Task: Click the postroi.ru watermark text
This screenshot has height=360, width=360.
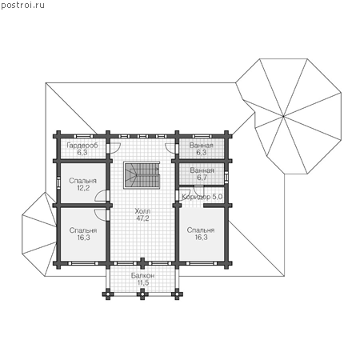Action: (x=22, y=6)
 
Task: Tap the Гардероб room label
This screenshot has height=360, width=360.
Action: (x=82, y=146)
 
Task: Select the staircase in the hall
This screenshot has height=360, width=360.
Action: (x=142, y=174)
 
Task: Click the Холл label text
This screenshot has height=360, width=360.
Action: (x=142, y=211)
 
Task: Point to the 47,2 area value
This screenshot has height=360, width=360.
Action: (x=142, y=218)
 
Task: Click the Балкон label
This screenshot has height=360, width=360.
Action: (x=142, y=276)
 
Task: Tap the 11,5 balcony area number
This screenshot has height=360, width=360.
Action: (x=143, y=283)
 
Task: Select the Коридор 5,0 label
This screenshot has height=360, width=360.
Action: (x=202, y=197)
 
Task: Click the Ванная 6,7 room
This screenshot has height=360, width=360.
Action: (x=202, y=174)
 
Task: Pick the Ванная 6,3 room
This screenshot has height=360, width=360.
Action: (x=202, y=148)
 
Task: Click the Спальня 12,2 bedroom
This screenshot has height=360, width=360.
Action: (x=83, y=183)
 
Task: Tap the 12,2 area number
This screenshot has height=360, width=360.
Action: (x=83, y=188)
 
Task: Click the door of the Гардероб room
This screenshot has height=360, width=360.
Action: (x=114, y=148)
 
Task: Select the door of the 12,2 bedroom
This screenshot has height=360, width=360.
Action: (x=102, y=196)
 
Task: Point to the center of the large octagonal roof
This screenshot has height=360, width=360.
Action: (x=283, y=116)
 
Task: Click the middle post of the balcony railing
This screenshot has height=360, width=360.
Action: (x=142, y=294)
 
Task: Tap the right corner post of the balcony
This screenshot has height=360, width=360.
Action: (x=177, y=294)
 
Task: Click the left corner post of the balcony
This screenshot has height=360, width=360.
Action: (x=108, y=294)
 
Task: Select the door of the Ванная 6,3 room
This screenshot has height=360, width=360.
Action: (x=170, y=148)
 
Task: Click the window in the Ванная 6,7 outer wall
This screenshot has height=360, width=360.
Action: (x=226, y=176)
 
